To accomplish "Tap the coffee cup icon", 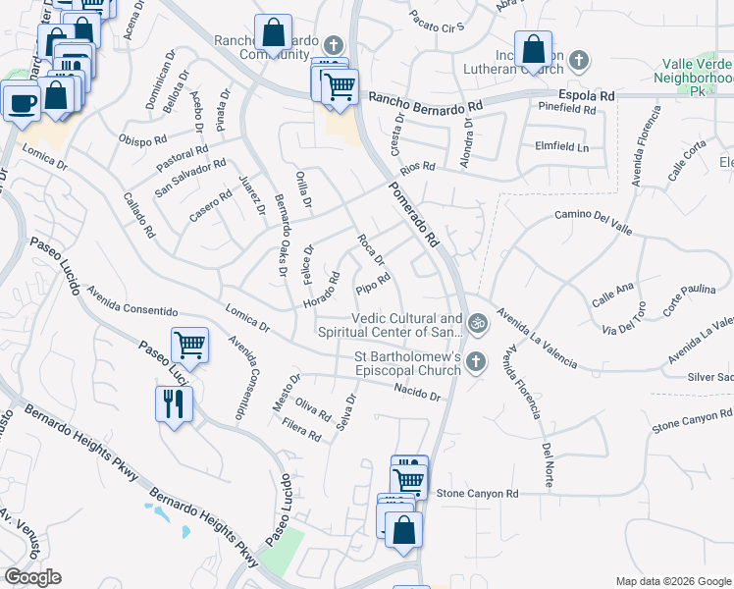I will [x=22, y=101].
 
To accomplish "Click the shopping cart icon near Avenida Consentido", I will [x=189, y=346].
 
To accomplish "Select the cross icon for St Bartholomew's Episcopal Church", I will [x=476, y=362].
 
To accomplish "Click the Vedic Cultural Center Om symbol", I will [x=477, y=320].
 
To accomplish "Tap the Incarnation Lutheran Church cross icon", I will [x=578, y=61].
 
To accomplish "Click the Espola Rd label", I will [x=587, y=96].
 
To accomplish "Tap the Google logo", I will [x=32, y=577].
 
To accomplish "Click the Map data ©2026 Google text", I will [x=673, y=580].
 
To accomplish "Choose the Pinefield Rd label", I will [x=566, y=110].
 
